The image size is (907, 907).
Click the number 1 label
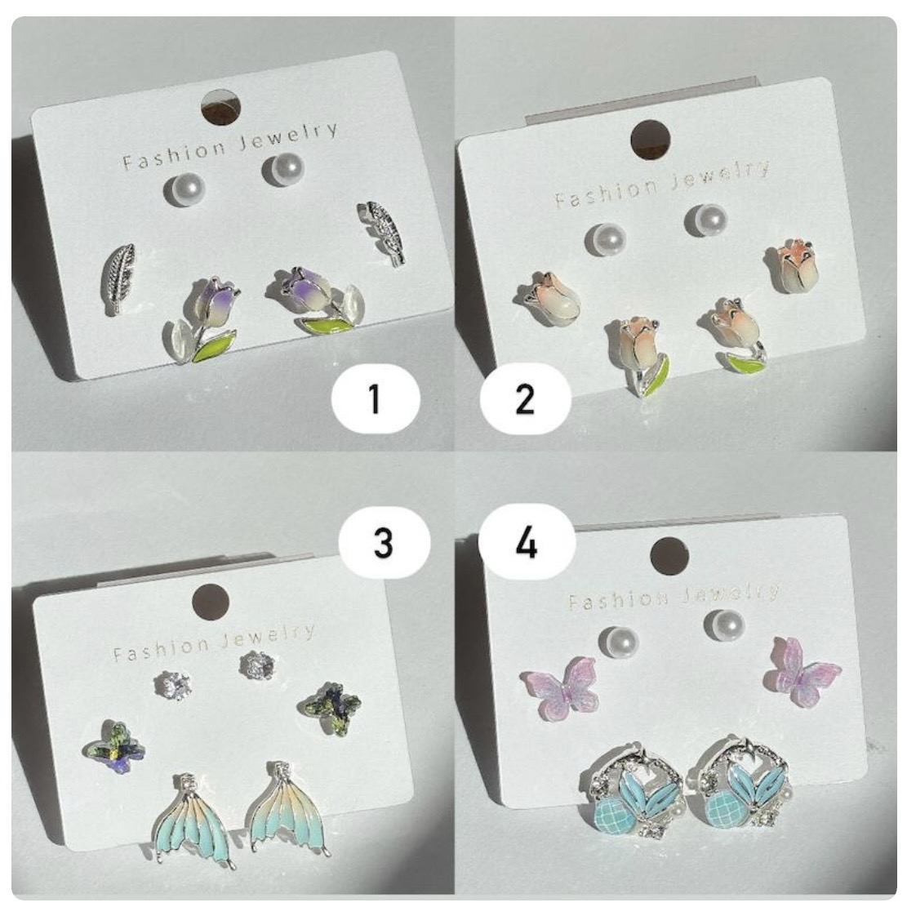(x=375, y=398)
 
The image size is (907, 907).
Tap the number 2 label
(x=525, y=398)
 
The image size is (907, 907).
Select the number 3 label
(x=384, y=543)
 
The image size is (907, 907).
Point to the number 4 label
(x=527, y=542)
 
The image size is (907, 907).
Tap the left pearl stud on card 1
(x=185, y=189)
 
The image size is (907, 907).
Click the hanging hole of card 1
(x=221, y=108)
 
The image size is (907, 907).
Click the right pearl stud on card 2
(x=705, y=220)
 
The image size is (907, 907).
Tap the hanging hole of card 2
(x=650, y=140)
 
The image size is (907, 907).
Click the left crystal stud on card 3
(x=173, y=685)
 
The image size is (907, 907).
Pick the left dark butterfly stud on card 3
(x=114, y=747)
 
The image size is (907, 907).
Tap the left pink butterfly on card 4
(x=560, y=687)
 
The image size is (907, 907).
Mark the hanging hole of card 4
(x=669, y=556)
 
